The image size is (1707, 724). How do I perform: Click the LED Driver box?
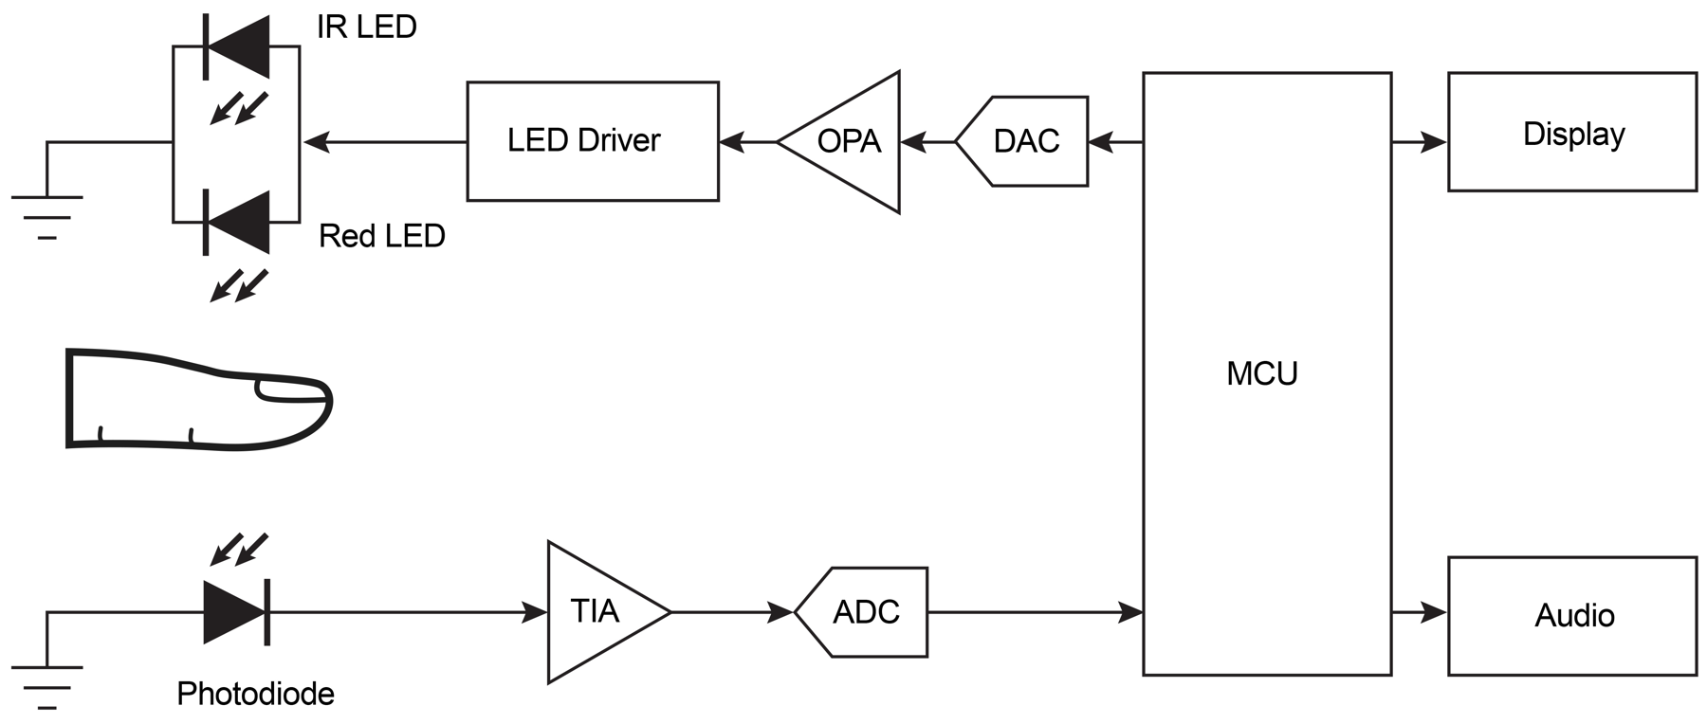click(593, 141)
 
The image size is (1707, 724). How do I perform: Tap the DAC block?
click(1024, 141)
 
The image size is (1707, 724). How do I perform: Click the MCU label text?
click(1261, 374)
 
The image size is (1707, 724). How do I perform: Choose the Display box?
click(1571, 132)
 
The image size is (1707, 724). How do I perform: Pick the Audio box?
click(1571, 616)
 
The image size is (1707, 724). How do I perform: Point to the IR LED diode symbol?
click(237, 46)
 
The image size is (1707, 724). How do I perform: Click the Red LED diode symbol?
click(237, 223)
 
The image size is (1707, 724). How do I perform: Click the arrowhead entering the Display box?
click(1434, 143)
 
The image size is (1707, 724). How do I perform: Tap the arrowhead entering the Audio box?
click(1434, 612)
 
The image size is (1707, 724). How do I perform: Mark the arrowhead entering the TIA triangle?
click(535, 612)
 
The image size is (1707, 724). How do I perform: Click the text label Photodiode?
click(255, 695)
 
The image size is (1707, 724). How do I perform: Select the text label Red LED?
click(381, 236)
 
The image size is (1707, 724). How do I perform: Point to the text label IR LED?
click(366, 27)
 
